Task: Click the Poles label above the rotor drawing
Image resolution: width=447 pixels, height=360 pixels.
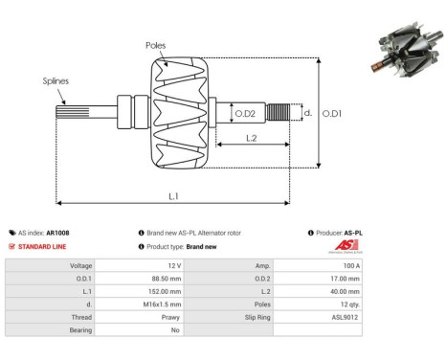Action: pyautogui.click(x=156, y=45)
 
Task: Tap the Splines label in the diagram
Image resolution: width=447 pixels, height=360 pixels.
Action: pyautogui.click(x=55, y=82)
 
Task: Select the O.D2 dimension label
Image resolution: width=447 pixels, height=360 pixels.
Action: pyautogui.click(x=246, y=114)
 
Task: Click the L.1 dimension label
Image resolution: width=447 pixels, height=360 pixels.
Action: pyautogui.click(x=174, y=195)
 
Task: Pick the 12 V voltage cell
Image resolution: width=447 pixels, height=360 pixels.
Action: pyautogui.click(x=172, y=265)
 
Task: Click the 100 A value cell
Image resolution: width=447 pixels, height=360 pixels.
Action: pyautogui.click(x=351, y=265)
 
